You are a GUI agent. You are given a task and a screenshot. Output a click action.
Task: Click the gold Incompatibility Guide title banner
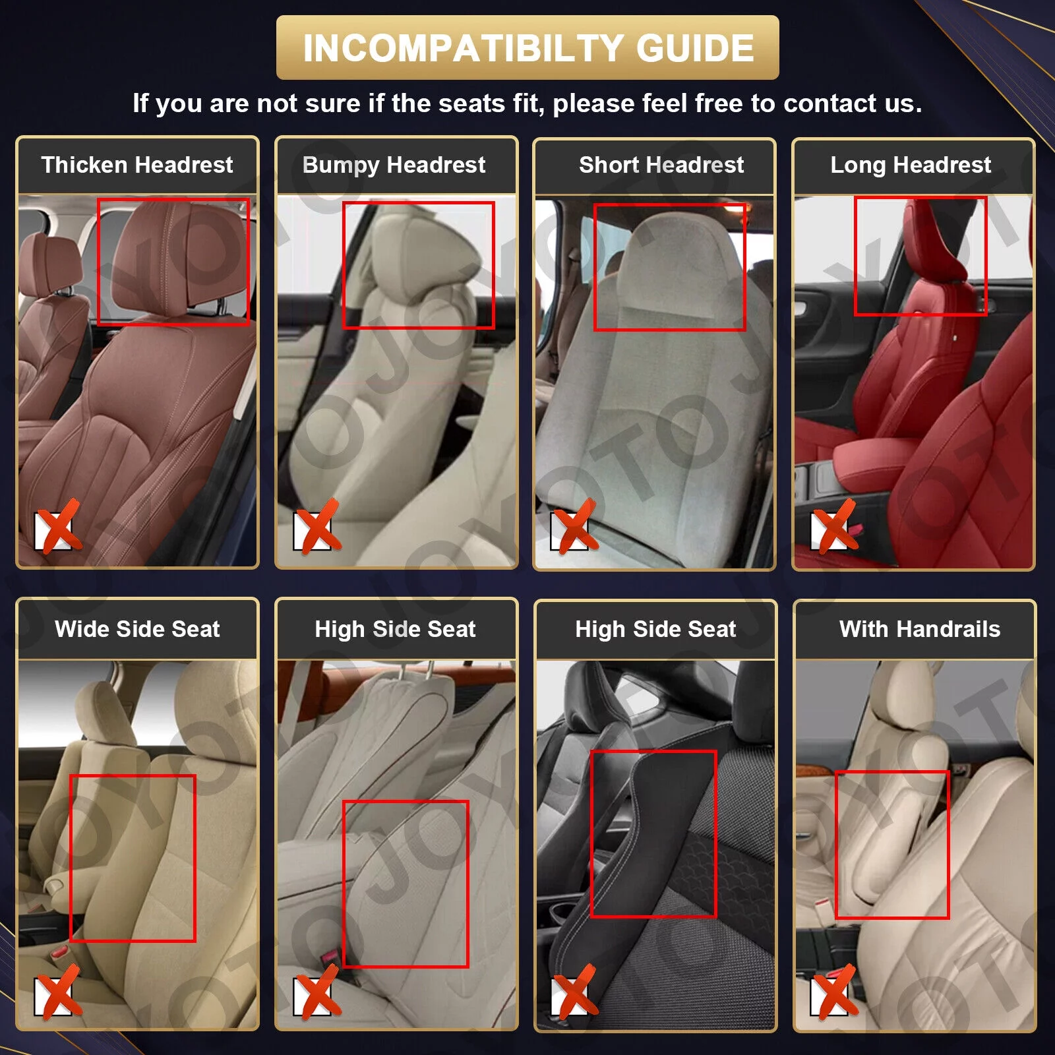tap(527, 47)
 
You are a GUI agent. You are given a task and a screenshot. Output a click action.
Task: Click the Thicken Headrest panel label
tap(137, 165)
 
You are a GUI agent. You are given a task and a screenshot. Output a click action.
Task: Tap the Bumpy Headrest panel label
tap(394, 166)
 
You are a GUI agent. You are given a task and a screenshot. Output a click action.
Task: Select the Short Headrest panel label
tap(661, 165)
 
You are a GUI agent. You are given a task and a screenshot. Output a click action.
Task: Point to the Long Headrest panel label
tap(911, 166)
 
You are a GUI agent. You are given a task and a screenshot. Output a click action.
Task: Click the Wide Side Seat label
tap(137, 629)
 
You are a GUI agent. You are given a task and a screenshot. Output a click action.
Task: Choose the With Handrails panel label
tap(920, 629)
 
